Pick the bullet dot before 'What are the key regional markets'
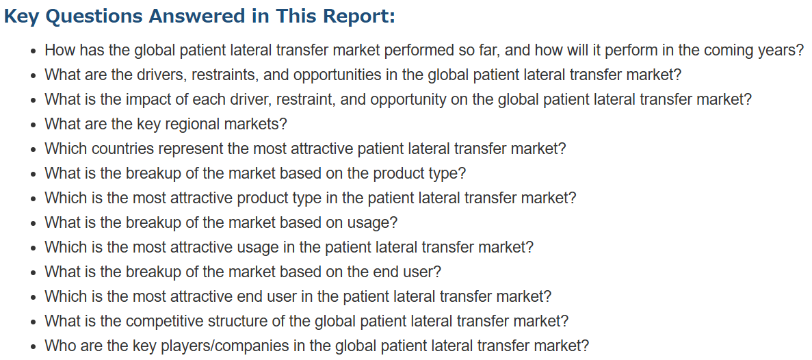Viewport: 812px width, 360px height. (34, 125)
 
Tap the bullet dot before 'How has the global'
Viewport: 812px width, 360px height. (34, 51)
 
